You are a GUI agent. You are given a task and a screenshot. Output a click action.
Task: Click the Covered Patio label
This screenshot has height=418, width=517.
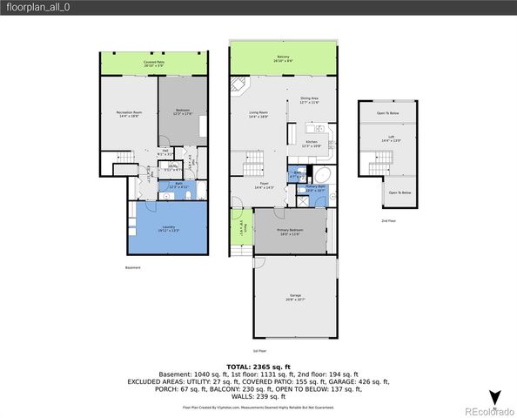(x=156, y=64)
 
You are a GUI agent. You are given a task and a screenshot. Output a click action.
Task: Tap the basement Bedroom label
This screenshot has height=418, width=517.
(x=182, y=111)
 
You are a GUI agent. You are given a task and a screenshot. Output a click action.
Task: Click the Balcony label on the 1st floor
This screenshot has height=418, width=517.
(x=284, y=59)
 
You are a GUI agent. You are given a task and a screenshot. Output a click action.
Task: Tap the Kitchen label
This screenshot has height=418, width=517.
(x=312, y=144)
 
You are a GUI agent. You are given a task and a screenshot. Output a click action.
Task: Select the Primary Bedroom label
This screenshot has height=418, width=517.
(x=290, y=233)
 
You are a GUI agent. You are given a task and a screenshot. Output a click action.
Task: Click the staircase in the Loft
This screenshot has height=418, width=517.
(x=378, y=161)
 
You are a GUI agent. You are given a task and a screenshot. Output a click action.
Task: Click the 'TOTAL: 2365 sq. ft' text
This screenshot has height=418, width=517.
(x=258, y=367)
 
